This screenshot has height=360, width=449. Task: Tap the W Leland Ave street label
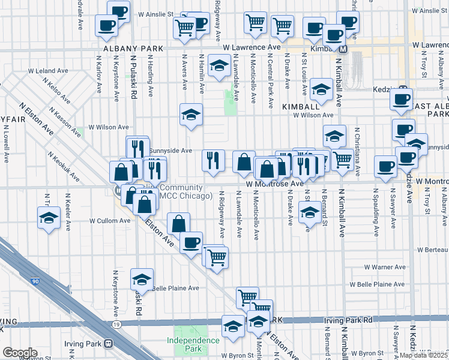click(x=53, y=71)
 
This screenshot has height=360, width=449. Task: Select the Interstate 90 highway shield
click(x=31, y=281)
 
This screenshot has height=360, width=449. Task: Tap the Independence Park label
click(x=193, y=344)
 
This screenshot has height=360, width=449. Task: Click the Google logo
click(x=20, y=353)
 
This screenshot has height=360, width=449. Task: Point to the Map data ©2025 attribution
click(x=424, y=355)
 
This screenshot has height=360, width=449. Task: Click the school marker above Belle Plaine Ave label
click(x=142, y=278)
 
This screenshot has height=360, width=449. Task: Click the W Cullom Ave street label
click(x=109, y=221)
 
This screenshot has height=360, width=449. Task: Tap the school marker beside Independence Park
click(x=232, y=326)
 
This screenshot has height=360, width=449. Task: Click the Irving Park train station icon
click(x=109, y=344)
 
